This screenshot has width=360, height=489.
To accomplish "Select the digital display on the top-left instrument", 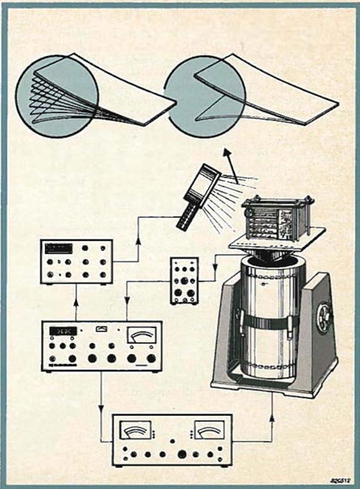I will click(x=59, y=249).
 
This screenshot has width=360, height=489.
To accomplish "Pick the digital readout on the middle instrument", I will click(x=65, y=331).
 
